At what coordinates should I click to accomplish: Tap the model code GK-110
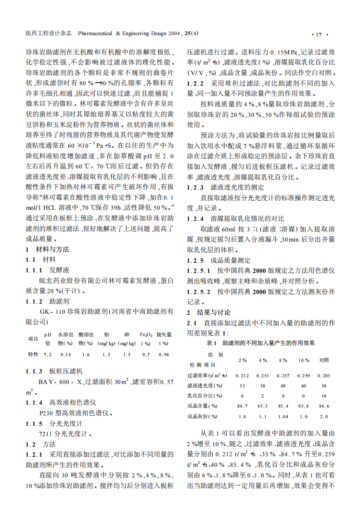pos(51,312)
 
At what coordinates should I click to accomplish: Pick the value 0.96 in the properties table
pos(164,355)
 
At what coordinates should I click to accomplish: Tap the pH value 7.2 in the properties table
pos(48,355)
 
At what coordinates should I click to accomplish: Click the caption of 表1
pos(260,343)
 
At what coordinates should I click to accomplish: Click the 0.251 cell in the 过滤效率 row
pos(263,375)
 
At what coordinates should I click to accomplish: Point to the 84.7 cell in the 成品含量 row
pos(243,406)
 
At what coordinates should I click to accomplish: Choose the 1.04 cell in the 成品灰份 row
pos(283,416)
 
